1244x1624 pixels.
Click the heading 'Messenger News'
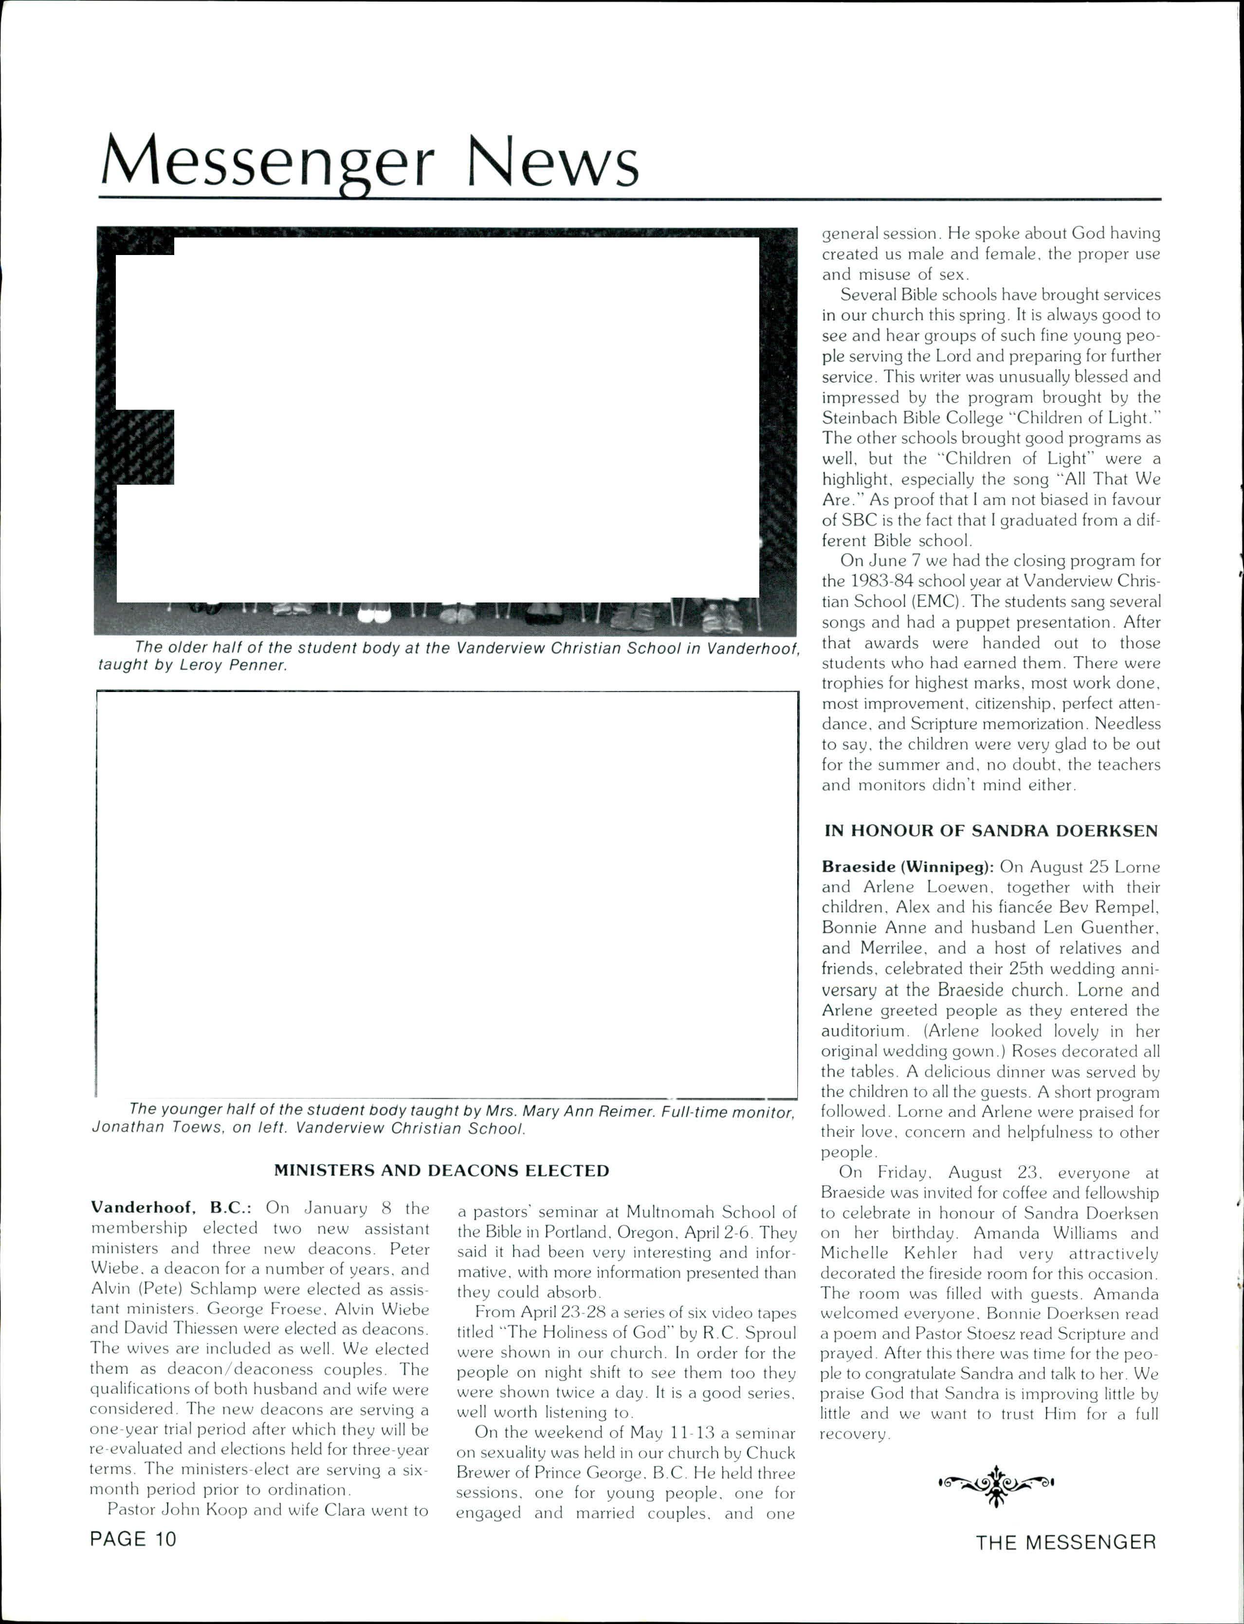tap(369, 162)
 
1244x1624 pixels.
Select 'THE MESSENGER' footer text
tap(1065, 1543)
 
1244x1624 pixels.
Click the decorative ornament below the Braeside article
tap(996, 1482)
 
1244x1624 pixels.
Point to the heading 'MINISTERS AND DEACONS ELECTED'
tap(441, 1170)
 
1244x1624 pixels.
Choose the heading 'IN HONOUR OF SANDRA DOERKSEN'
tap(991, 830)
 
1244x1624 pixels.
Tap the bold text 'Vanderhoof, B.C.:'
tap(172, 1208)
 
